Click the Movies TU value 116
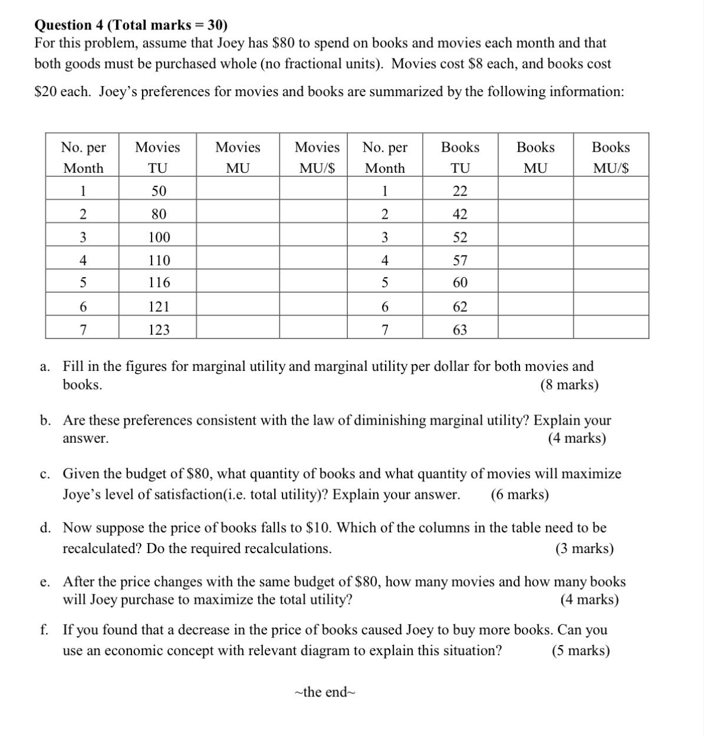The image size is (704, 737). [158, 283]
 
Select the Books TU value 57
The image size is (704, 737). [460, 260]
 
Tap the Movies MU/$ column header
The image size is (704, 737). [317, 157]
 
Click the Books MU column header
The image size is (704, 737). [535, 157]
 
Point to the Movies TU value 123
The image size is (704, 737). [158, 330]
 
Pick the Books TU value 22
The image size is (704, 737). [460, 191]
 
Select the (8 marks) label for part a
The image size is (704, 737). [569, 385]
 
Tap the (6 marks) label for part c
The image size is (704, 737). [519, 494]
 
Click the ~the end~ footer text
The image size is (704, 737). [325, 692]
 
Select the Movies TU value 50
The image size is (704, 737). [158, 191]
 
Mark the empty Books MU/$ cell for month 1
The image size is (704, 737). [610, 191]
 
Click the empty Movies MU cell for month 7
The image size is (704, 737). [237, 330]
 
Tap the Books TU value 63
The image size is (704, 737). [460, 330]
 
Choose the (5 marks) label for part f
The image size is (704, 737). [581, 650]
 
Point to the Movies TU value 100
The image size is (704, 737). [158, 237]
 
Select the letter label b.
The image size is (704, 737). [45, 420]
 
